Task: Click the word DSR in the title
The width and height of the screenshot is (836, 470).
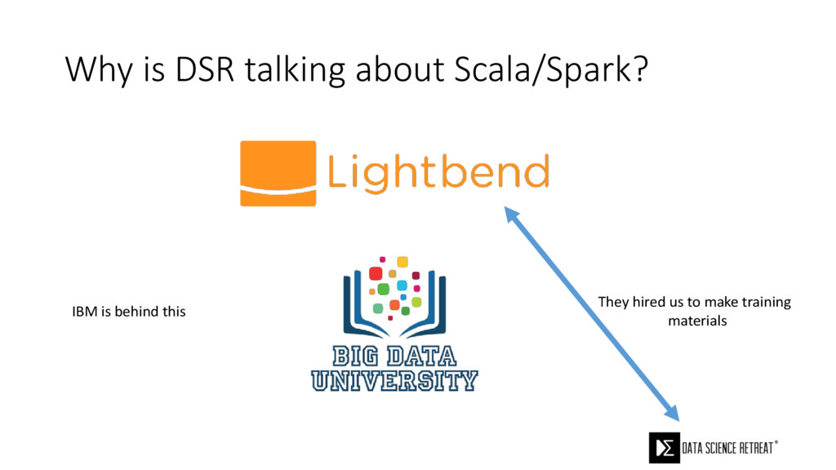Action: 204,70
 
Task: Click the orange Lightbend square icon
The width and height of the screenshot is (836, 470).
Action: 278,173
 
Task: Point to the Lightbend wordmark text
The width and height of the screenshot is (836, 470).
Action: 438,172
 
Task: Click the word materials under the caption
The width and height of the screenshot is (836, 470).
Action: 697,321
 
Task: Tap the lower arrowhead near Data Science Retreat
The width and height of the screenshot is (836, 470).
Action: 673,413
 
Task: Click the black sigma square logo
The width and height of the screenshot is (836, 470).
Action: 665,448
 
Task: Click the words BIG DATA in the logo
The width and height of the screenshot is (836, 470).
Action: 394,356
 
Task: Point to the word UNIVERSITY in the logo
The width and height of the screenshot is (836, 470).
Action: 394,379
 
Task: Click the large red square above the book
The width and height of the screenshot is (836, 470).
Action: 376,273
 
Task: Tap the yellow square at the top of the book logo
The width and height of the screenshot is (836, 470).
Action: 402,262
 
